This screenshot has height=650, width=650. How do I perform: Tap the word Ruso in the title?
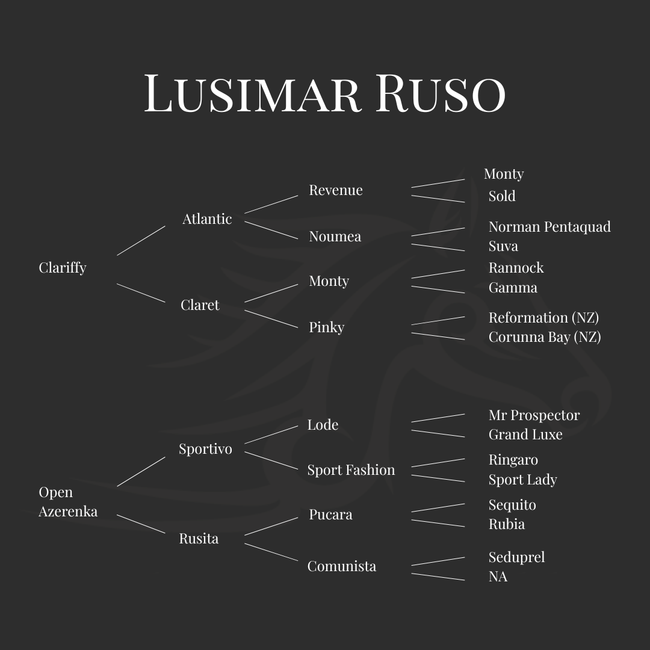pyautogui.click(x=441, y=93)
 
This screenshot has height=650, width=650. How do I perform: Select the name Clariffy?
pyautogui.click(x=63, y=267)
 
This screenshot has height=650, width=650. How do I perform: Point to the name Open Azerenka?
pyautogui.click(x=67, y=502)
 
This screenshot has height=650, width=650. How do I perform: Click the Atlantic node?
pyautogui.click(x=207, y=219)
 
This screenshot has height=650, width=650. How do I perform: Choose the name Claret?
pyautogui.click(x=200, y=305)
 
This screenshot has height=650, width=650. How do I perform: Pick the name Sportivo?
pyautogui.click(x=205, y=449)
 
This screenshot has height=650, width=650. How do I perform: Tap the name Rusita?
pyautogui.click(x=199, y=539)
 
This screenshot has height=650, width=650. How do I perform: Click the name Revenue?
pyautogui.click(x=336, y=190)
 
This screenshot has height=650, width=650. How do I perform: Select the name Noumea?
pyautogui.click(x=335, y=237)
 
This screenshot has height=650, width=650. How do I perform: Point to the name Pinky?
pyautogui.click(x=326, y=327)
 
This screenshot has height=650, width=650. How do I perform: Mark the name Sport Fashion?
pyautogui.click(x=351, y=470)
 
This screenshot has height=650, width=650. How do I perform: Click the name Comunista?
pyautogui.click(x=342, y=566)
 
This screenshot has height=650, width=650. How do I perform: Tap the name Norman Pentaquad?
pyautogui.click(x=549, y=227)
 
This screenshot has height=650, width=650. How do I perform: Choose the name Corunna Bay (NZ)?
pyautogui.click(x=545, y=337)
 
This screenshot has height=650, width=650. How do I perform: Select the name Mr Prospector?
pyautogui.click(x=534, y=415)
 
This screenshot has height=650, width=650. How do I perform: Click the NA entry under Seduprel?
pyautogui.click(x=498, y=577)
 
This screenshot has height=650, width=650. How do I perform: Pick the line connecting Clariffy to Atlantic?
pyautogui.click(x=141, y=241)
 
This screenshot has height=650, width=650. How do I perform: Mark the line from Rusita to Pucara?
pyautogui.click(x=271, y=526)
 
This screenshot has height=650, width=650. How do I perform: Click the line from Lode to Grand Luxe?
pyautogui.click(x=438, y=433)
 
